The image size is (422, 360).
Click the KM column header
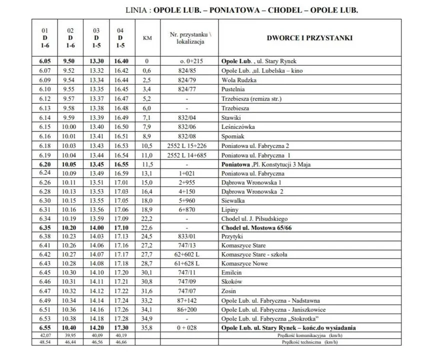147,38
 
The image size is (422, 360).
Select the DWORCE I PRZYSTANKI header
310,38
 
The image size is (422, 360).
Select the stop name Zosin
228,291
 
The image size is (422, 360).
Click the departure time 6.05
43,61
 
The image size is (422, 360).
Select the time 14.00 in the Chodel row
96,227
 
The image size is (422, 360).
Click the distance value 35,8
147,328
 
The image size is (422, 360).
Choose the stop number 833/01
186,236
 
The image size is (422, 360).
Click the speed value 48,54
44,342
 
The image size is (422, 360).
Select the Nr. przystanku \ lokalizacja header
186,38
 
